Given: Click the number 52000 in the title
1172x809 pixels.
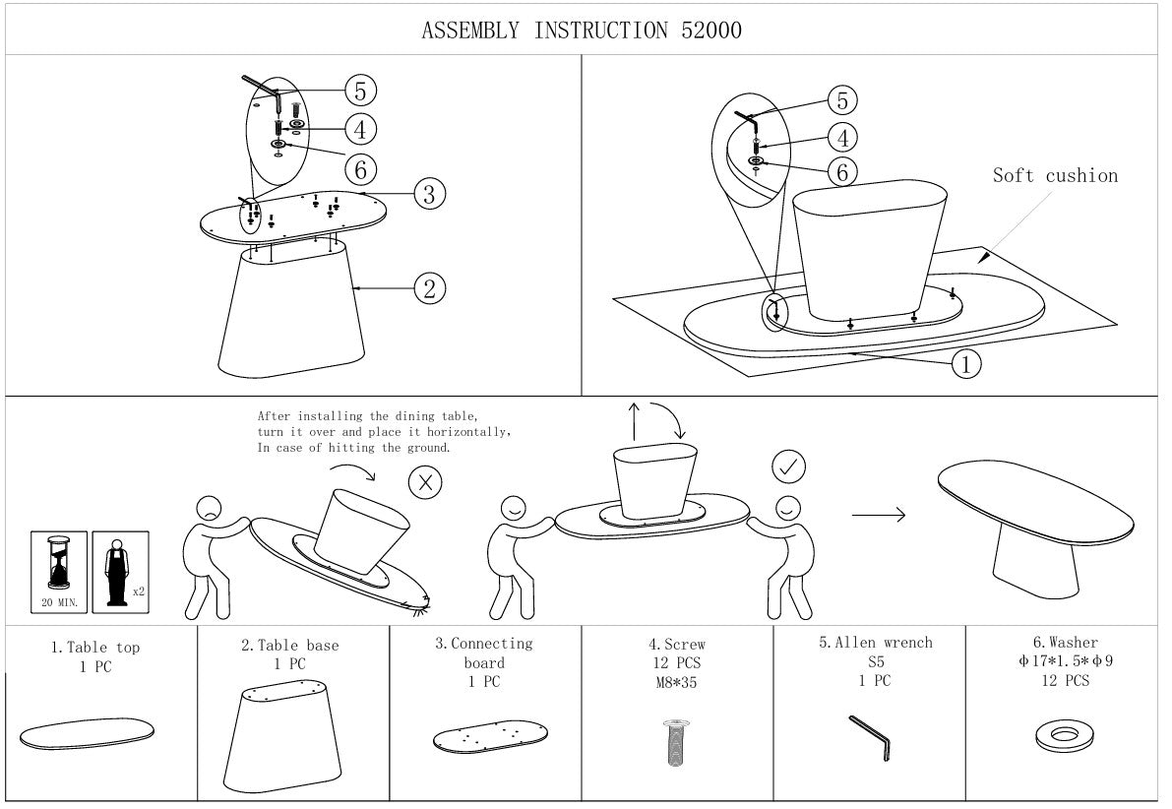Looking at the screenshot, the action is [710, 30].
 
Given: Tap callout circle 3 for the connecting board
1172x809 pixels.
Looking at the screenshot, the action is [429, 194].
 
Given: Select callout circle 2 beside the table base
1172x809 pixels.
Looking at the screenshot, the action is [430, 288].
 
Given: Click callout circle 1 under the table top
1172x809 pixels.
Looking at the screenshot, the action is [966, 364].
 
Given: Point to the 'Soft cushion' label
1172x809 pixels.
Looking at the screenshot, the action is [1055, 176].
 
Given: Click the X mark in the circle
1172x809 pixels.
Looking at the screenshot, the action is [425, 483].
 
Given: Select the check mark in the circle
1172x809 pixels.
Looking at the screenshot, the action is [788, 467].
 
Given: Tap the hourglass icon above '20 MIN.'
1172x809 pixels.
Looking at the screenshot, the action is [58, 562].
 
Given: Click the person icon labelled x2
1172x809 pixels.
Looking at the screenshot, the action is [116, 572].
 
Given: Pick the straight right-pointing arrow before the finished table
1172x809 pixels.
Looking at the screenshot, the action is [878, 515].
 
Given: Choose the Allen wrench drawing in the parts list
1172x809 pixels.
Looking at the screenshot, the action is [871, 737].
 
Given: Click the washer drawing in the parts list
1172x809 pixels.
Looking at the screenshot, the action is [1062, 736].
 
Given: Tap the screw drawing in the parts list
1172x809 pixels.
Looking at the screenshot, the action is [676, 742].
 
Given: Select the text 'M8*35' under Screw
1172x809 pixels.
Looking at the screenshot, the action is [676, 682].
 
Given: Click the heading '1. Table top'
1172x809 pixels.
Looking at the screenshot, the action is [95, 648].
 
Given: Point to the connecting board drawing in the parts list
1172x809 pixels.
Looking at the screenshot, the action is [490, 736].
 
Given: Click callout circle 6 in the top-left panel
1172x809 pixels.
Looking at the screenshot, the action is [360, 169].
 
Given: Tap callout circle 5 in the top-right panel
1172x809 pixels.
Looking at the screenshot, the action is [842, 100].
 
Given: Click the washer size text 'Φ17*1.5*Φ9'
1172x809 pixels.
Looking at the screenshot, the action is [1065, 661].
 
